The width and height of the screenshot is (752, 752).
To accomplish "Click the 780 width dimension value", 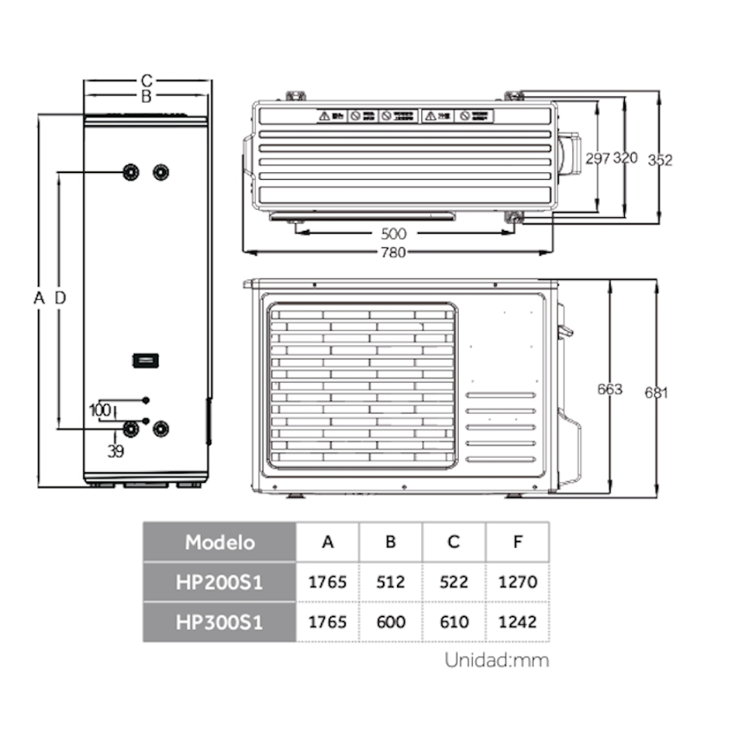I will pyautogui.click(x=396, y=253).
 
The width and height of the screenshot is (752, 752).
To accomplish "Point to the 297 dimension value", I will pyautogui.click(x=597, y=158).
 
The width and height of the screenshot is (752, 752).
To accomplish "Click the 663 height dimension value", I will pyautogui.click(x=610, y=389).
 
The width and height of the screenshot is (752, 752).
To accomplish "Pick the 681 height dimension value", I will pyautogui.click(x=656, y=392).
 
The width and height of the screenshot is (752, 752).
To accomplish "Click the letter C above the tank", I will pyautogui.click(x=147, y=80).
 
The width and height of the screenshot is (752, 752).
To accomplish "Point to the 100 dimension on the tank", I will pyautogui.click(x=99, y=411).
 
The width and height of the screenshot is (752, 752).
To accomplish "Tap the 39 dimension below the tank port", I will pyautogui.click(x=115, y=451).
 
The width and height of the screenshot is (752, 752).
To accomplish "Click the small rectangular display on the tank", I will pyautogui.click(x=144, y=360).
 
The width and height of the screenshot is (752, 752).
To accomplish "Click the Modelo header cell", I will pyautogui.click(x=220, y=541).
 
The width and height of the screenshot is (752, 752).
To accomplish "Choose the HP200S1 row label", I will pyautogui.click(x=220, y=582).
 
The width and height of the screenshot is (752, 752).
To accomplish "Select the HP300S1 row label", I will pyautogui.click(x=220, y=622).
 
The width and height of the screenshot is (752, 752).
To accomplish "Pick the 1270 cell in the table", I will pyautogui.click(x=517, y=582).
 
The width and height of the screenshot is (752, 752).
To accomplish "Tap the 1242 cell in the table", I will pyautogui.click(x=517, y=622).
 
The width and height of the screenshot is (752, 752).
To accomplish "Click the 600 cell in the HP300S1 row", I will pyautogui.click(x=390, y=622).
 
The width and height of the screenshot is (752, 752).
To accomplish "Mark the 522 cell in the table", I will pyautogui.click(x=453, y=582).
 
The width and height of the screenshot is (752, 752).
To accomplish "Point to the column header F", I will pyautogui.click(x=517, y=541).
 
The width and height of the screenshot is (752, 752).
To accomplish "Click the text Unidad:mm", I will pyautogui.click(x=496, y=661).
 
